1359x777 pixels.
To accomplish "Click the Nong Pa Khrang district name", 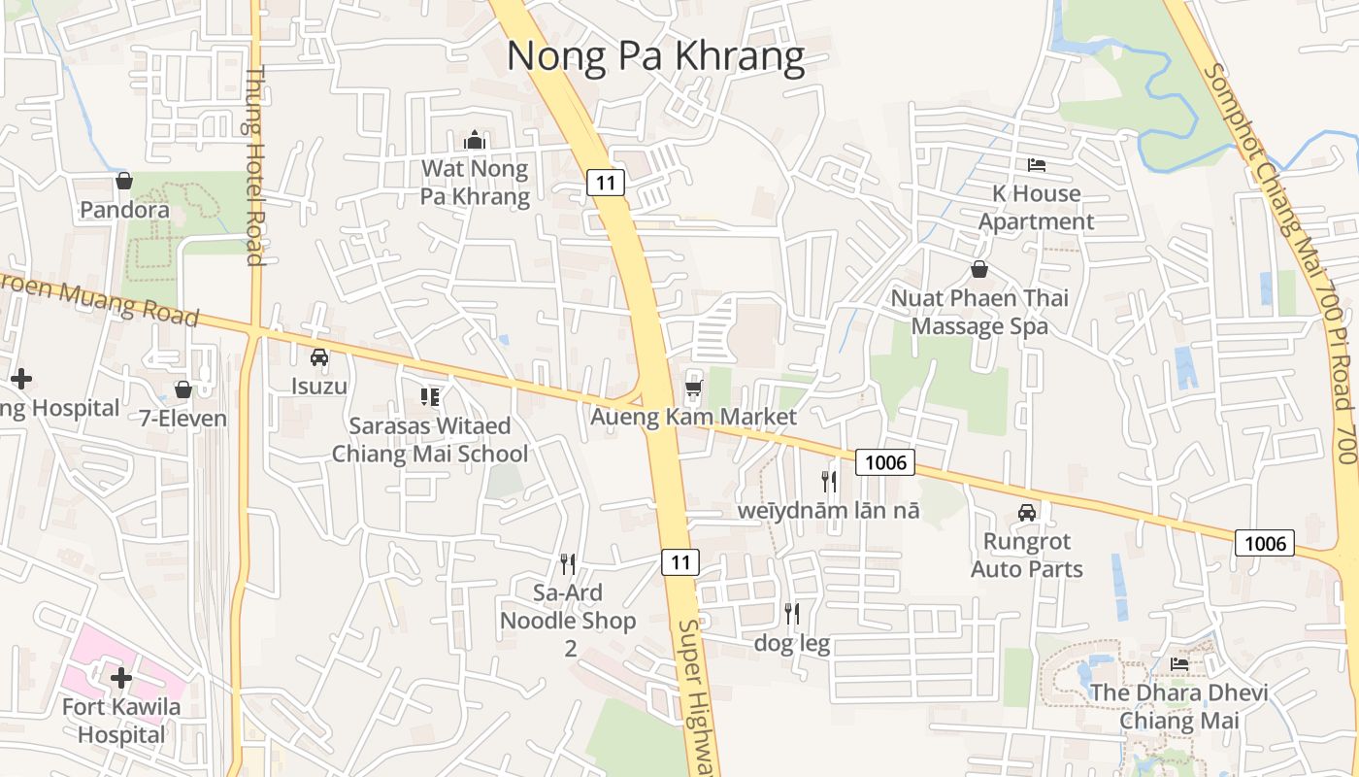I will [655, 56].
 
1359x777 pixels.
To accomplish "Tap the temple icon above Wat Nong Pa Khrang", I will [474, 141].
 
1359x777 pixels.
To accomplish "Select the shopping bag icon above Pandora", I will [124, 181].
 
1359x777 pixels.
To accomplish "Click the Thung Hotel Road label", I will [255, 165].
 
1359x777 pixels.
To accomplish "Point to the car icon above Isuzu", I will [319, 357].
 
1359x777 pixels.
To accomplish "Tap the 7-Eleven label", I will [182, 419].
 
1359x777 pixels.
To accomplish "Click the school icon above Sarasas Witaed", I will [430, 396].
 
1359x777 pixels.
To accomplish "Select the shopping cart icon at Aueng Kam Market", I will [693, 388].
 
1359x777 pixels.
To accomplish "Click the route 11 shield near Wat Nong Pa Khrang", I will [605, 182].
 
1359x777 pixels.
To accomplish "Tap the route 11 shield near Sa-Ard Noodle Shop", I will [680, 561].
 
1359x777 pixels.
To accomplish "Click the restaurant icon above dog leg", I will [792, 613].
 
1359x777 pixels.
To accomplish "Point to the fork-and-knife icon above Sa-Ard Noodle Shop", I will [568, 563].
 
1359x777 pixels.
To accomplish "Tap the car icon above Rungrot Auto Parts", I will [1027, 512].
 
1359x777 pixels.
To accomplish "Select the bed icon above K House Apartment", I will [1037, 165].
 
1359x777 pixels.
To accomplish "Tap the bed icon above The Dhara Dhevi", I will [1179, 664].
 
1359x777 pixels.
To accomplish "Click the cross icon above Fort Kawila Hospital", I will [121, 678].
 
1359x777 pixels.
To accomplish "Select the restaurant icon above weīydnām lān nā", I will [828, 480].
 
